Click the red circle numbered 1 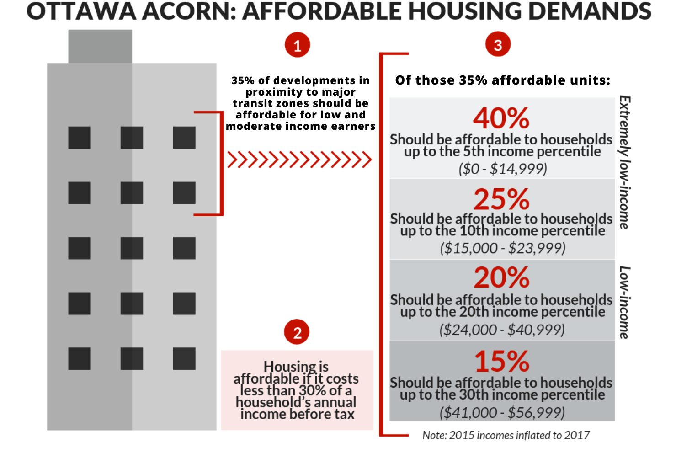[297, 45]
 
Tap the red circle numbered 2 [297, 332]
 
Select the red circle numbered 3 [498, 44]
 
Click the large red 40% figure [501, 118]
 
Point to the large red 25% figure [501, 199]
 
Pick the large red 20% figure [501, 277]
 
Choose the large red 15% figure [501, 361]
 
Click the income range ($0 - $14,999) [503, 169]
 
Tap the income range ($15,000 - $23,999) [503, 248]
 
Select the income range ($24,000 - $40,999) [502, 330]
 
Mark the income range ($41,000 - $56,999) [502, 413]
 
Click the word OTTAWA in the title [81, 11]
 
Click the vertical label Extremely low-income [625, 162]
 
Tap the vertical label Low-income [625, 302]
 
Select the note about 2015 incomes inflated [506, 435]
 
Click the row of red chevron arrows [299, 160]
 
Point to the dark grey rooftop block [100, 46]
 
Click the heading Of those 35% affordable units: [503, 80]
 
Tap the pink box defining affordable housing [297, 390]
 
